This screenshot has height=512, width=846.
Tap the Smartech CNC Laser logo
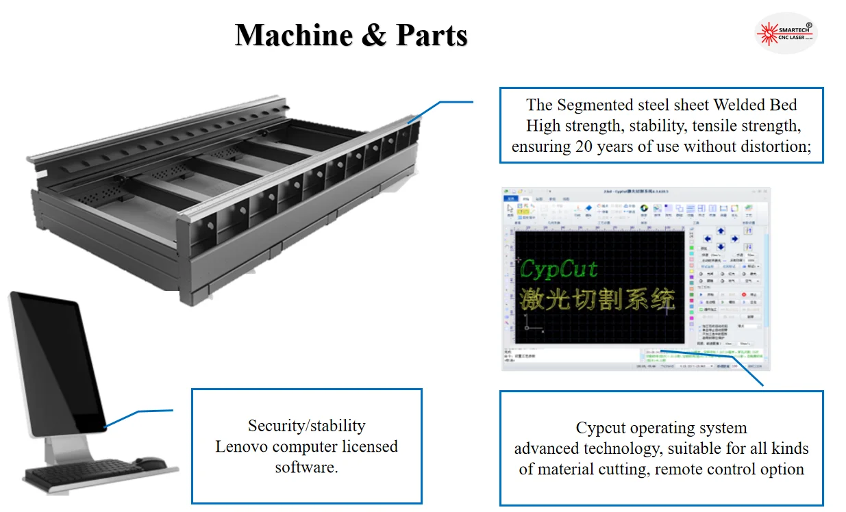[786, 33]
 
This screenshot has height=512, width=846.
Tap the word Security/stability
[306, 426]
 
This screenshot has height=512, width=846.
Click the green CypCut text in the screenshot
[559, 269]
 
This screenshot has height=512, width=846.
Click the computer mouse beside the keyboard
[150, 463]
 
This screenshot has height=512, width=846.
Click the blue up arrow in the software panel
[721, 231]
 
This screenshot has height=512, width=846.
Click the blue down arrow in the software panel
[721, 247]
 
